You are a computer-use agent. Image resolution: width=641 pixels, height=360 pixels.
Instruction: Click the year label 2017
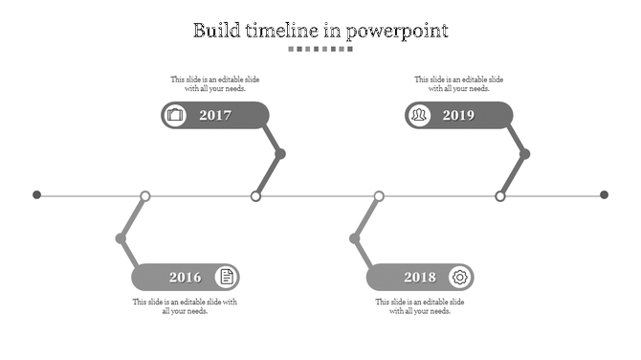215,116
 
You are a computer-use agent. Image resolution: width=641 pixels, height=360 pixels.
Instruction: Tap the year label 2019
458,116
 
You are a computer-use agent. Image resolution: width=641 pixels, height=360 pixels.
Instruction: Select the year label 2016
186,278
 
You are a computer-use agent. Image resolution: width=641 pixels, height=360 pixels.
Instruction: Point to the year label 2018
420,278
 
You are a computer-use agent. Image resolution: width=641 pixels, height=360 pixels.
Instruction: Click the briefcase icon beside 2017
175,116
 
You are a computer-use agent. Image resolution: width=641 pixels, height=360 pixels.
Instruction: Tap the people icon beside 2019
419,116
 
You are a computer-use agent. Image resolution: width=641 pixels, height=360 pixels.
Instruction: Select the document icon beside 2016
227,278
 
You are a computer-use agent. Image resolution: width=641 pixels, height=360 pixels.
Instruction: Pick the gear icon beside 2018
460,278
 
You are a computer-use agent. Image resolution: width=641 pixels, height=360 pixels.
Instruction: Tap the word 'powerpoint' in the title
397,31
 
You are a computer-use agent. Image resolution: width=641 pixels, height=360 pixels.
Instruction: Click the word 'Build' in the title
214,30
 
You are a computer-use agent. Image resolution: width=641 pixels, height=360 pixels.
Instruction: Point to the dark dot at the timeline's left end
37,195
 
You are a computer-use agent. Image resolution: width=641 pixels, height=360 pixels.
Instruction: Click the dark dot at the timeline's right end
604,195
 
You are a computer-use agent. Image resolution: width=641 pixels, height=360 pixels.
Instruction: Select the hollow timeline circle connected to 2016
145,196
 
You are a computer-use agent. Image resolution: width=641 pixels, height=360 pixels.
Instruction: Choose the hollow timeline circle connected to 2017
255,196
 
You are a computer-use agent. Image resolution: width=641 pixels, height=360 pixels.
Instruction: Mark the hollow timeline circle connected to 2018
379,196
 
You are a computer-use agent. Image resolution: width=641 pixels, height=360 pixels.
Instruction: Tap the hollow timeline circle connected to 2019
499,196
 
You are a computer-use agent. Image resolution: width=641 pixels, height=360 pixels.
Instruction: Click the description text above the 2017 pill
215,84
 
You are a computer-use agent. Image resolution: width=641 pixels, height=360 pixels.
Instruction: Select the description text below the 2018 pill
420,306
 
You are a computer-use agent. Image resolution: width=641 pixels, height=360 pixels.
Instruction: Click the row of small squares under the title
320,49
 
